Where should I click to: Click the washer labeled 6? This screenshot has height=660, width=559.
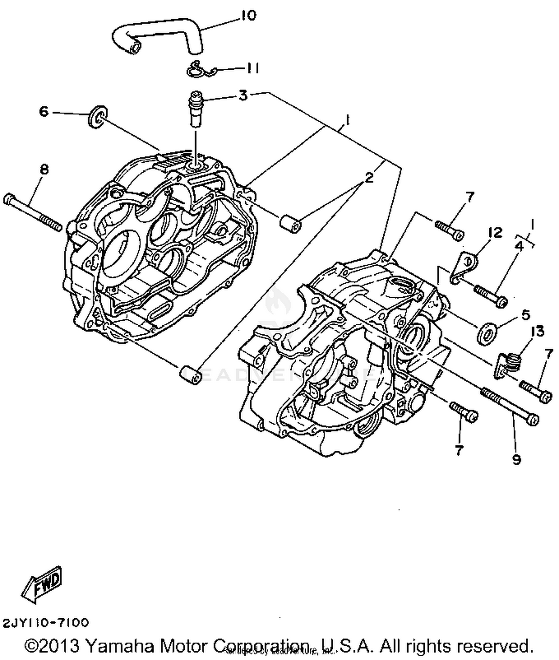[97, 116]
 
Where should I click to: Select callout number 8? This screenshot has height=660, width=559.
[44, 170]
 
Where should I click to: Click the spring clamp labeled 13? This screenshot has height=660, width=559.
[508, 364]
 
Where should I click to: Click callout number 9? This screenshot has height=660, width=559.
[516, 460]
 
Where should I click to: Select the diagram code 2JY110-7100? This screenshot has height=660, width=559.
[46, 623]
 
